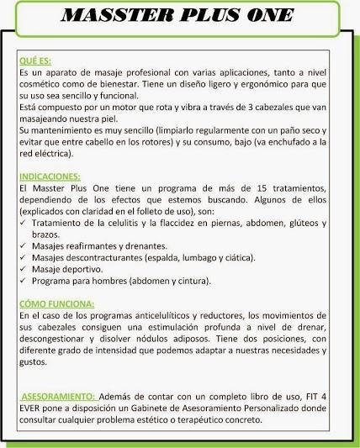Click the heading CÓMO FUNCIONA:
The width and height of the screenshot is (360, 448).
[x=56, y=303]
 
